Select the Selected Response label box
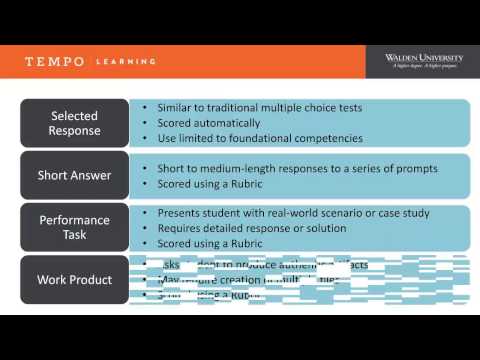point(74,123)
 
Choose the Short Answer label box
point(74,176)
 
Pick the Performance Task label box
point(74,227)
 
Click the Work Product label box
point(74,279)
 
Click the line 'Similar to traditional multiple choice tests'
point(259,108)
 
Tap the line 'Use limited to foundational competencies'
point(259,138)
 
